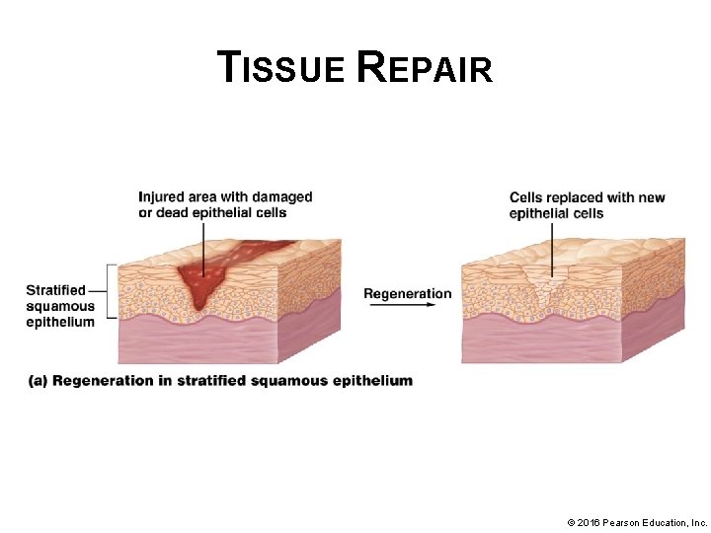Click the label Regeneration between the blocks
pyautogui.click(x=407, y=293)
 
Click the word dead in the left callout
pyautogui.click(x=180, y=212)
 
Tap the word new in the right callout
pyautogui.click(x=651, y=197)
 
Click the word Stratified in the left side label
pyautogui.click(x=56, y=290)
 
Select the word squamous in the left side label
pyautogui.click(x=60, y=306)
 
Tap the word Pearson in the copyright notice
pyautogui.click(x=628, y=521)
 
